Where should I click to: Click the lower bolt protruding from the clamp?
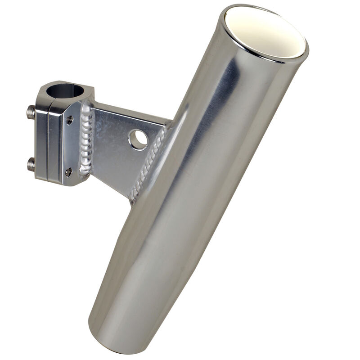click(31, 164)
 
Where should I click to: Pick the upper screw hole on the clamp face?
click(69, 119)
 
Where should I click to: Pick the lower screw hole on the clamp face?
click(68, 171)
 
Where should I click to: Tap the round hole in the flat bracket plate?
click(138, 140)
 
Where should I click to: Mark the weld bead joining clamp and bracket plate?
click(86, 139)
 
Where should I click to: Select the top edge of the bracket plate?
click(130, 110)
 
